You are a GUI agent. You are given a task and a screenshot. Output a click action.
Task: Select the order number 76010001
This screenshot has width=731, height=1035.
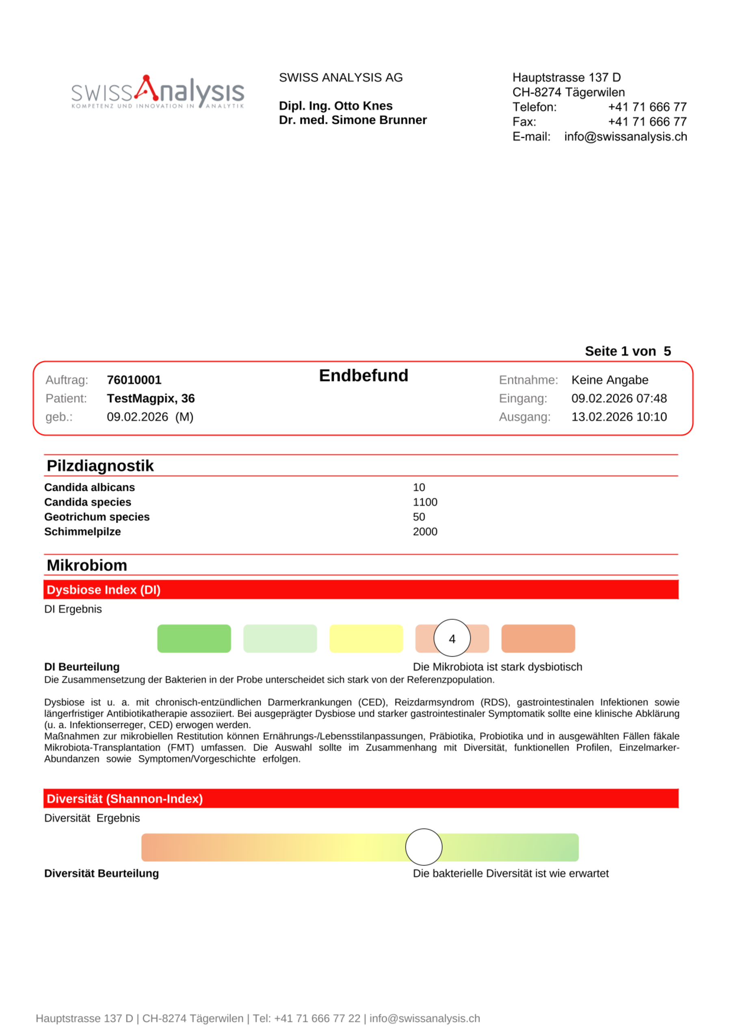pos(134,380)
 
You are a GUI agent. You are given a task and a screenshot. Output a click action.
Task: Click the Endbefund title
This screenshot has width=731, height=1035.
pos(363,376)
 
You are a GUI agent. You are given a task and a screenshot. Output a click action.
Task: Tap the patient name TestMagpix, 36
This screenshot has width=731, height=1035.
pos(151,398)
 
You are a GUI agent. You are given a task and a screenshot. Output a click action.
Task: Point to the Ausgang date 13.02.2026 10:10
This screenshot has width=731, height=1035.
pos(619,417)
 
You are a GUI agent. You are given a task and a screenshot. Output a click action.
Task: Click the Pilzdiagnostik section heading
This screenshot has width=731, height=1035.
pos(100,466)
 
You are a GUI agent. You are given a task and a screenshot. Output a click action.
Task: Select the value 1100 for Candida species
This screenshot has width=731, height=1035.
pos(425,502)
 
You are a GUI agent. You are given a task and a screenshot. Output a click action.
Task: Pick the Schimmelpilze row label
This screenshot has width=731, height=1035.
pos(82,532)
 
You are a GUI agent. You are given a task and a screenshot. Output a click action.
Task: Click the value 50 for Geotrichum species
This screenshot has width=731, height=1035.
pos(419,517)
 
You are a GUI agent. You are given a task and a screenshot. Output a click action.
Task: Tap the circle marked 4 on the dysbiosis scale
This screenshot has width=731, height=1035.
pos(452,638)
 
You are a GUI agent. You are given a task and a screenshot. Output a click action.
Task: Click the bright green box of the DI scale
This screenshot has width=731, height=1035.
pos(194,638)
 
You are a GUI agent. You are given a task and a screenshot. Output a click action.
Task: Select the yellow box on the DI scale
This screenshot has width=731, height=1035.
pos(366,638)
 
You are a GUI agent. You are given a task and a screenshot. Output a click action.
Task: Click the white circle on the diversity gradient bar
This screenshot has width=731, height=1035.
pos(424,847)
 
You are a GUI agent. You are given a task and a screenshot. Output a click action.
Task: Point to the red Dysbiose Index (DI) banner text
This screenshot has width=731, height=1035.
pos(104,590)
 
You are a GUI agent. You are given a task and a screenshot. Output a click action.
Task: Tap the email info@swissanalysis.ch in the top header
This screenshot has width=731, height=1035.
pos(625,136)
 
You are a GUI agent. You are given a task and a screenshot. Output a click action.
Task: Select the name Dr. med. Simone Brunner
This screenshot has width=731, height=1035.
pos(353,120)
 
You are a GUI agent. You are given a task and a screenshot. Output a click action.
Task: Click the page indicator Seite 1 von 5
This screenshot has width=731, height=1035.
pos(628,351)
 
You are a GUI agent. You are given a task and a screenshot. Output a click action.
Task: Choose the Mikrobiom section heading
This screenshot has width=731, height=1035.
pos(87,565)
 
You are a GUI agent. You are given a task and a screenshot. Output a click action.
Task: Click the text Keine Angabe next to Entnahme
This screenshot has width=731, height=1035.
pos(610,380)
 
